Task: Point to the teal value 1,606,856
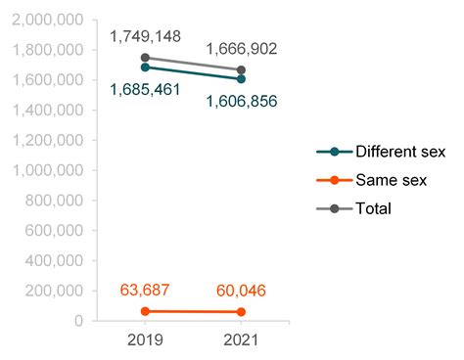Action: point(241,101)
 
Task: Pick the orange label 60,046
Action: point(241,291)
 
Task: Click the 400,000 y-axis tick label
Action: point(53,260)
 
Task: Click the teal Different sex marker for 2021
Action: point(241,78)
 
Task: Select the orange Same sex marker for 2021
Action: point(241,312)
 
